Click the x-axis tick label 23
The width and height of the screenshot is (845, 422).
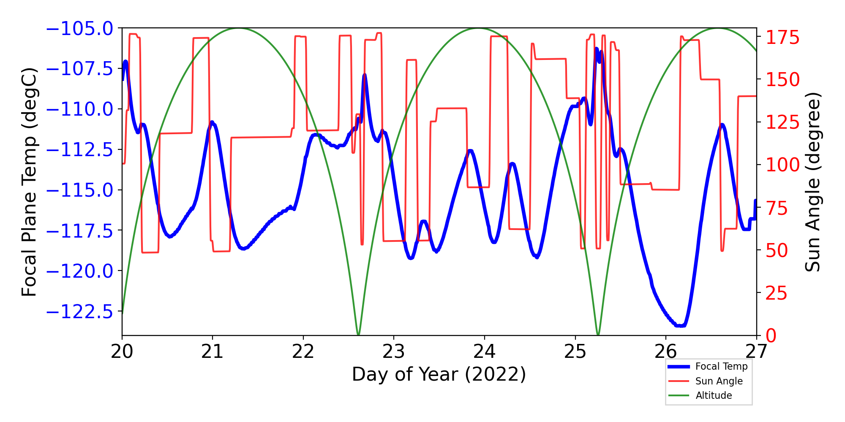click(x=394, y=352)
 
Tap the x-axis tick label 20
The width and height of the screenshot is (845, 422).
click(x=122, y=352)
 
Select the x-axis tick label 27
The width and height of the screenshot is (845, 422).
click(x=756, y=352)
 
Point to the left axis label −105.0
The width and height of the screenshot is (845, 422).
click(x=79, y=29)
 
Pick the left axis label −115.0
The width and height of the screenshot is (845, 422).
click(x=79, y=190)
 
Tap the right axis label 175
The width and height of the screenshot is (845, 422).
click(x=782, y=38)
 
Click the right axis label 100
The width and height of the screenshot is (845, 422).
click(x=782, y=165)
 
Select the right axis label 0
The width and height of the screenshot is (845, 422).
click(x=771, y=336)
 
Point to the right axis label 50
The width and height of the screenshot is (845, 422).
click(x=777, y=250)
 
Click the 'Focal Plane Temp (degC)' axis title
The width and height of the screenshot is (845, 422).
click(x=29, y=182)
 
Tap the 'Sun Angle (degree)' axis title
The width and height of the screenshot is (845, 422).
click(x=812, y=182)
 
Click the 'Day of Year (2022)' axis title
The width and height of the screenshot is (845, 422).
click(x=439, y=374)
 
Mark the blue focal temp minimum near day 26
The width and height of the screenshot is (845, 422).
click(x=681, y=325)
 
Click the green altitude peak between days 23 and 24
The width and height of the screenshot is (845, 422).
click(x=478, y=29)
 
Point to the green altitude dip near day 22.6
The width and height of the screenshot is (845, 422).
click(x=358, y=334)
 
